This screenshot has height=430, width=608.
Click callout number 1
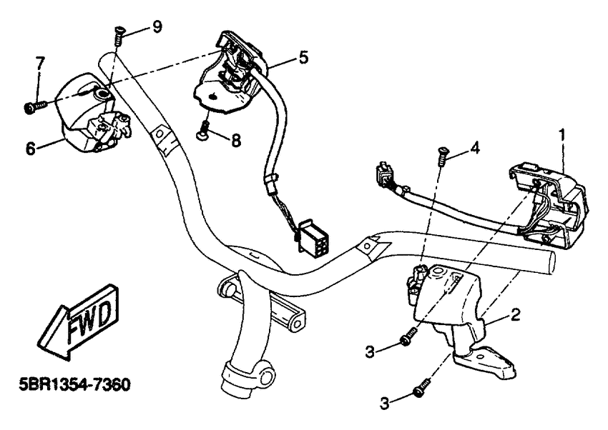(x=562, y=133)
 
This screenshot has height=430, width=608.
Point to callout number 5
(x=304, y=57)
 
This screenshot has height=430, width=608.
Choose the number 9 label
(x=157, y=26)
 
